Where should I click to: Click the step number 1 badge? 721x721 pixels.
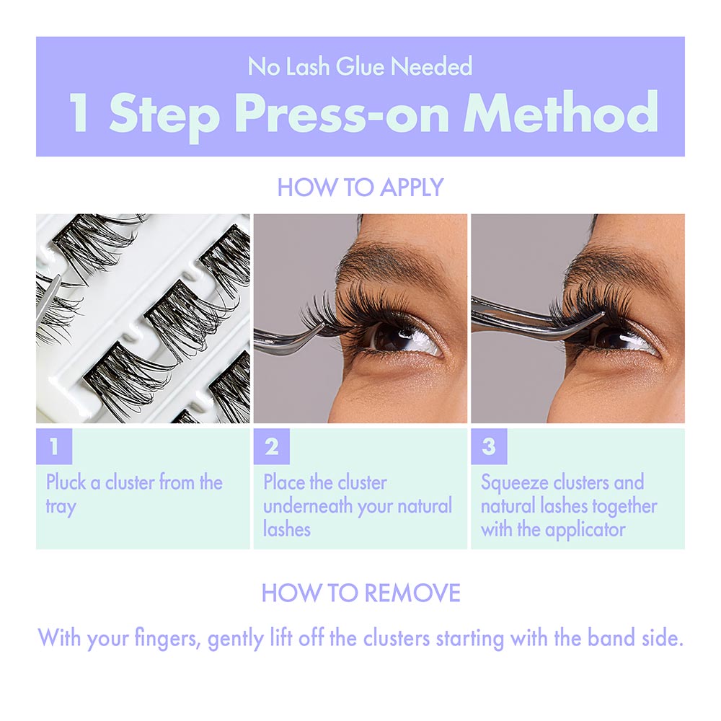54,447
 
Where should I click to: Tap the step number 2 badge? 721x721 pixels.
271,447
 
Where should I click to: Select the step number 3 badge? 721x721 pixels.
489,447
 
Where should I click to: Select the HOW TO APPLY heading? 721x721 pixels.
360,187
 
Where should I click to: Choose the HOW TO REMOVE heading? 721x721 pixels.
360,593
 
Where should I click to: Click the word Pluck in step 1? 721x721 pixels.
66,482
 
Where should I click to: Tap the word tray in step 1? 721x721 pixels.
60,506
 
